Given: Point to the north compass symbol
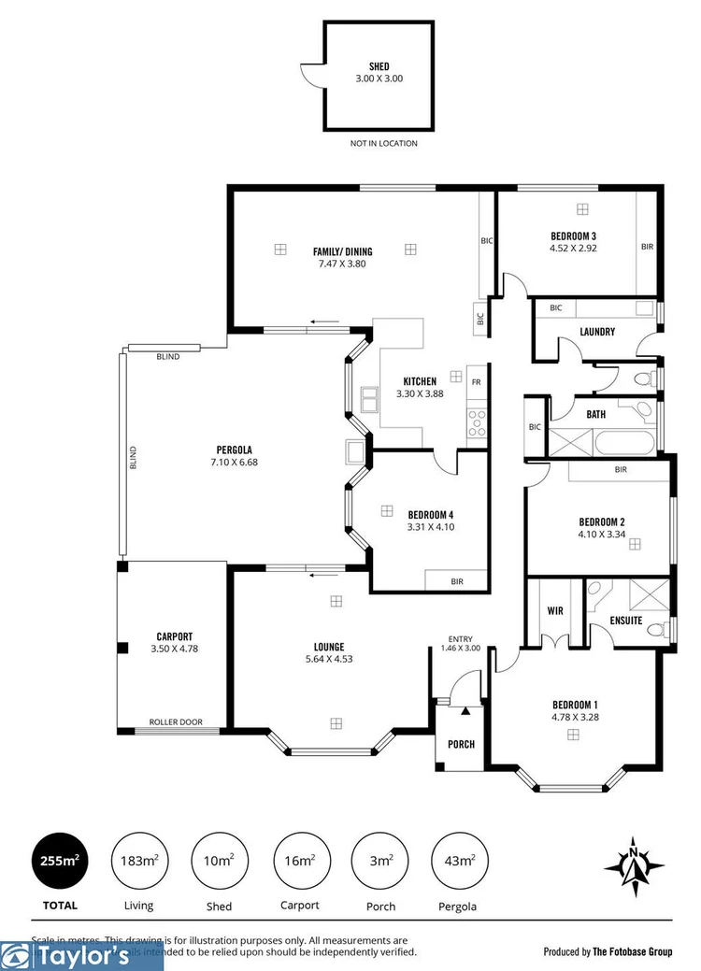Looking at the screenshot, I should [x=635, y=862].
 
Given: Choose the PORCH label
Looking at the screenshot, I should [x=461, y=745].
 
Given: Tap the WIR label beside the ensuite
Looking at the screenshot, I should [x=554, y=611].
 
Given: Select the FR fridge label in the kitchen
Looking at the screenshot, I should [x=476, y=381].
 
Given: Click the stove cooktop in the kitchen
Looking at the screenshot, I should [x=477, y=422].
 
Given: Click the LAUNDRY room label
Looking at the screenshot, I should [x=596, y=332].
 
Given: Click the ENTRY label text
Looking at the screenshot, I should [x=461, y=638].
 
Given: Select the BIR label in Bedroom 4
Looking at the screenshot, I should [x=457, y=581].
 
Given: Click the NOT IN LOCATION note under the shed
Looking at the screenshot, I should [x=383, y=143].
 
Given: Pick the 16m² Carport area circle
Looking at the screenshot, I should [x=299, y=862].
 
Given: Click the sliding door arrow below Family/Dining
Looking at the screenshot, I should [x=324, y=323].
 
